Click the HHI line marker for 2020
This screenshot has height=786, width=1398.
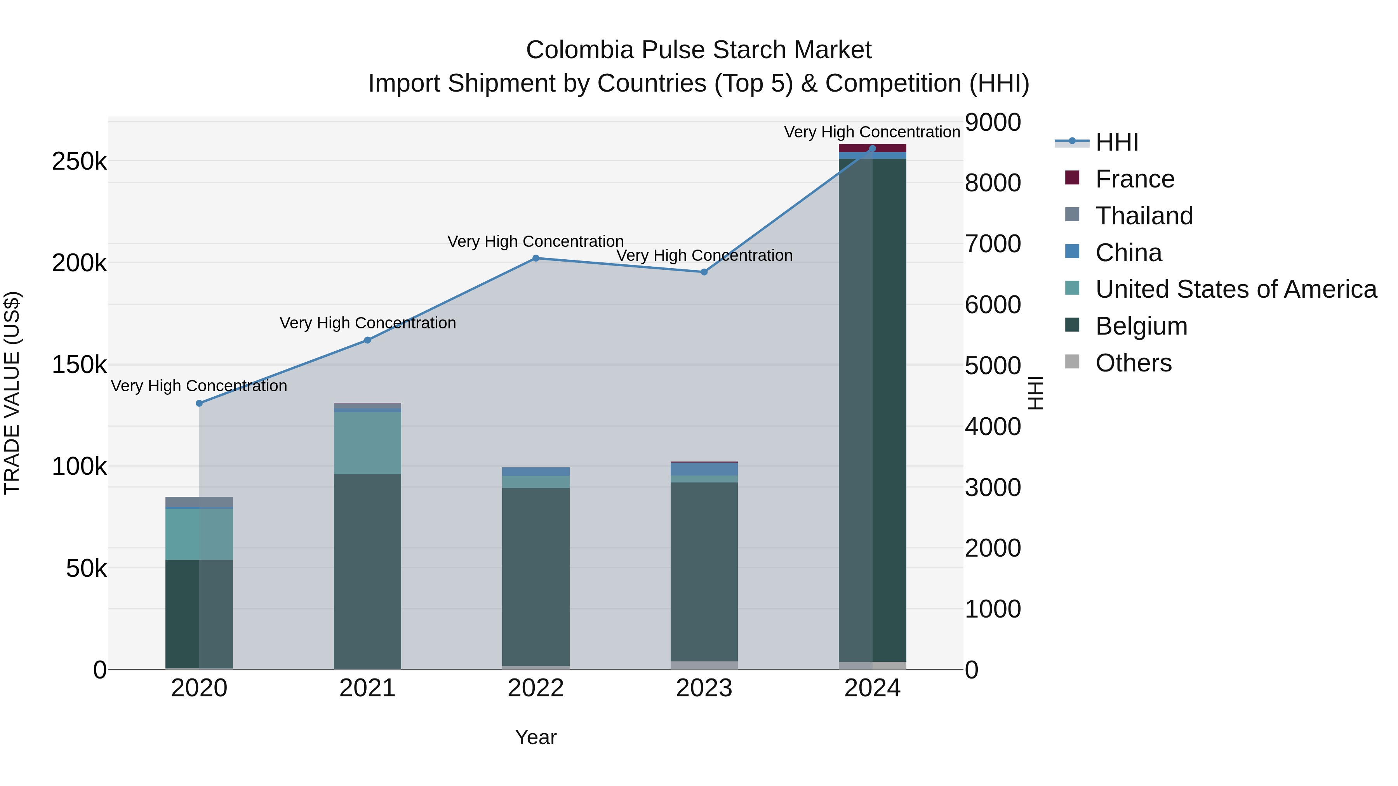(199, 403)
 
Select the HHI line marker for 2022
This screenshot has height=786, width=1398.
(536, 258)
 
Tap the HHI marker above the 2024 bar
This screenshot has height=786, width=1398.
(872, 148)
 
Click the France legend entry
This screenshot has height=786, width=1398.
(1134, 179)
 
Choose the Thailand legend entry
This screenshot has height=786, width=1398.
(1144, 216)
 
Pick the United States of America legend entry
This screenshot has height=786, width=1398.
(1235, 289)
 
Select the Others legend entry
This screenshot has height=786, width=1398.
(1133, 363)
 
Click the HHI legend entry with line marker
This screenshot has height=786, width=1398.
(1116, 142)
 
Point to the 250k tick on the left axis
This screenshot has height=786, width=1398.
(79, 161)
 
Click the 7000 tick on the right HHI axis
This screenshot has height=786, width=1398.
(993, 243)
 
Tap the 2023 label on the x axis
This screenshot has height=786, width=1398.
(704, 688)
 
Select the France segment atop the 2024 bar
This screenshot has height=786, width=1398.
(872, 148)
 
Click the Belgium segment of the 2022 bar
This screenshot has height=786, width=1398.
(536, 575)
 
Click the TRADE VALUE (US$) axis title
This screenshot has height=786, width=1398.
(12, 393)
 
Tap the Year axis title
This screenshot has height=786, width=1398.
(536, 737)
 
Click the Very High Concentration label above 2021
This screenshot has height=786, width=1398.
(367, 323)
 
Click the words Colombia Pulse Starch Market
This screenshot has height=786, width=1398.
(699, 50)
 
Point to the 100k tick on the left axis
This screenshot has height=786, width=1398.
(79, 467)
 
